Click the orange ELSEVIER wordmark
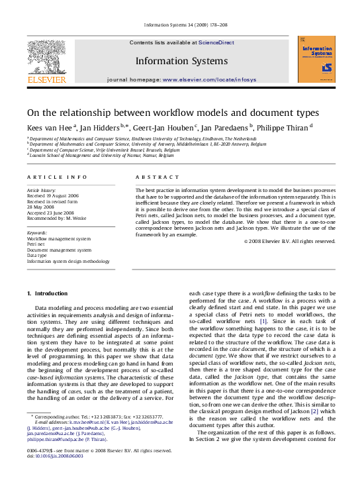click(46, 80)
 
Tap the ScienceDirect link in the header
click(217, 42)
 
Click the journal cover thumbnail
click(316, 59)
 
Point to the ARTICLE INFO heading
click(57, 177)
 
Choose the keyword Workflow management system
click(59, 238)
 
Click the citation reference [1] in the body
click(263, 321)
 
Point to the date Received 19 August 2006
click(52, 196)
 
